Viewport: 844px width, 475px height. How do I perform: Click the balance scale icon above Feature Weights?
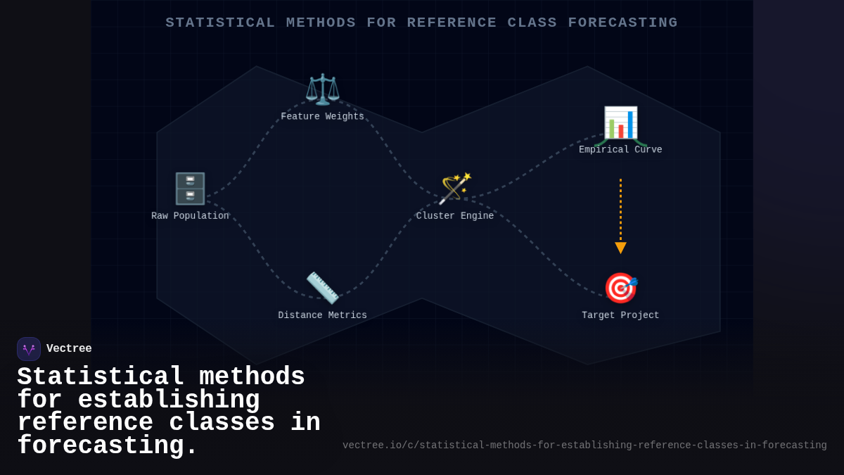322,89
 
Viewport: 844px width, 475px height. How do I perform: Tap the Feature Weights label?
322,117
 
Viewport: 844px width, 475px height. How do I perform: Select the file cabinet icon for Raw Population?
190,189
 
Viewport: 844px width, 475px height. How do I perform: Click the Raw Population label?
190,216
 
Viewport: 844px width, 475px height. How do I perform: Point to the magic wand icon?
455,189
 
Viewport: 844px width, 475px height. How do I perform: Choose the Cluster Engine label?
455,216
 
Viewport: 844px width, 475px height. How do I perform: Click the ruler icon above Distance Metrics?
322,288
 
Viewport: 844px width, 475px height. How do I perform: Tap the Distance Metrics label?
322,315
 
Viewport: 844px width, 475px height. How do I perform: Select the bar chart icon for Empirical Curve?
620,123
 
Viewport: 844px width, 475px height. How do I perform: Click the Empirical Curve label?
620,150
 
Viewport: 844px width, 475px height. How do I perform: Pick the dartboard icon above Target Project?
620,288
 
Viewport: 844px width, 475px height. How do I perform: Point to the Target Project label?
620,315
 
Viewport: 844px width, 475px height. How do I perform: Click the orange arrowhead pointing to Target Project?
620,248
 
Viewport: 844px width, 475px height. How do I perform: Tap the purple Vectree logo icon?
29,349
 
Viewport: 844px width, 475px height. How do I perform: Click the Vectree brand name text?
69,349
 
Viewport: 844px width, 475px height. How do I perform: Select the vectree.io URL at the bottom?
584,445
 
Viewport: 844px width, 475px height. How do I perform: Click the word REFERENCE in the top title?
452,23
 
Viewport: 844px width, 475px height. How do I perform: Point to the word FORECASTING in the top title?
623,23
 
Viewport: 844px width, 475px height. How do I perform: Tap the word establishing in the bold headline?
169,400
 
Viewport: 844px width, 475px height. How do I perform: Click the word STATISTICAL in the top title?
220,23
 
